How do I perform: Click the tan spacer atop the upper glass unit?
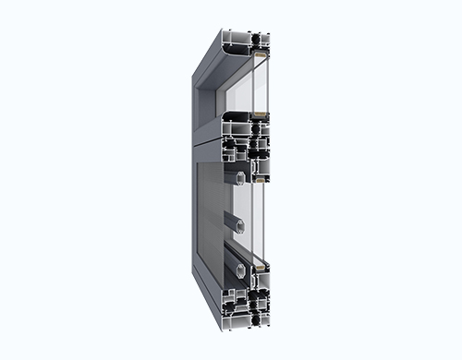coord(260,55)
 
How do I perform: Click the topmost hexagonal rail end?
coord(239,176)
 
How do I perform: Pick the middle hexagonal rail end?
coord(239,224)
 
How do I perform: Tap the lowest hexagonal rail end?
coord(240,270)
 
